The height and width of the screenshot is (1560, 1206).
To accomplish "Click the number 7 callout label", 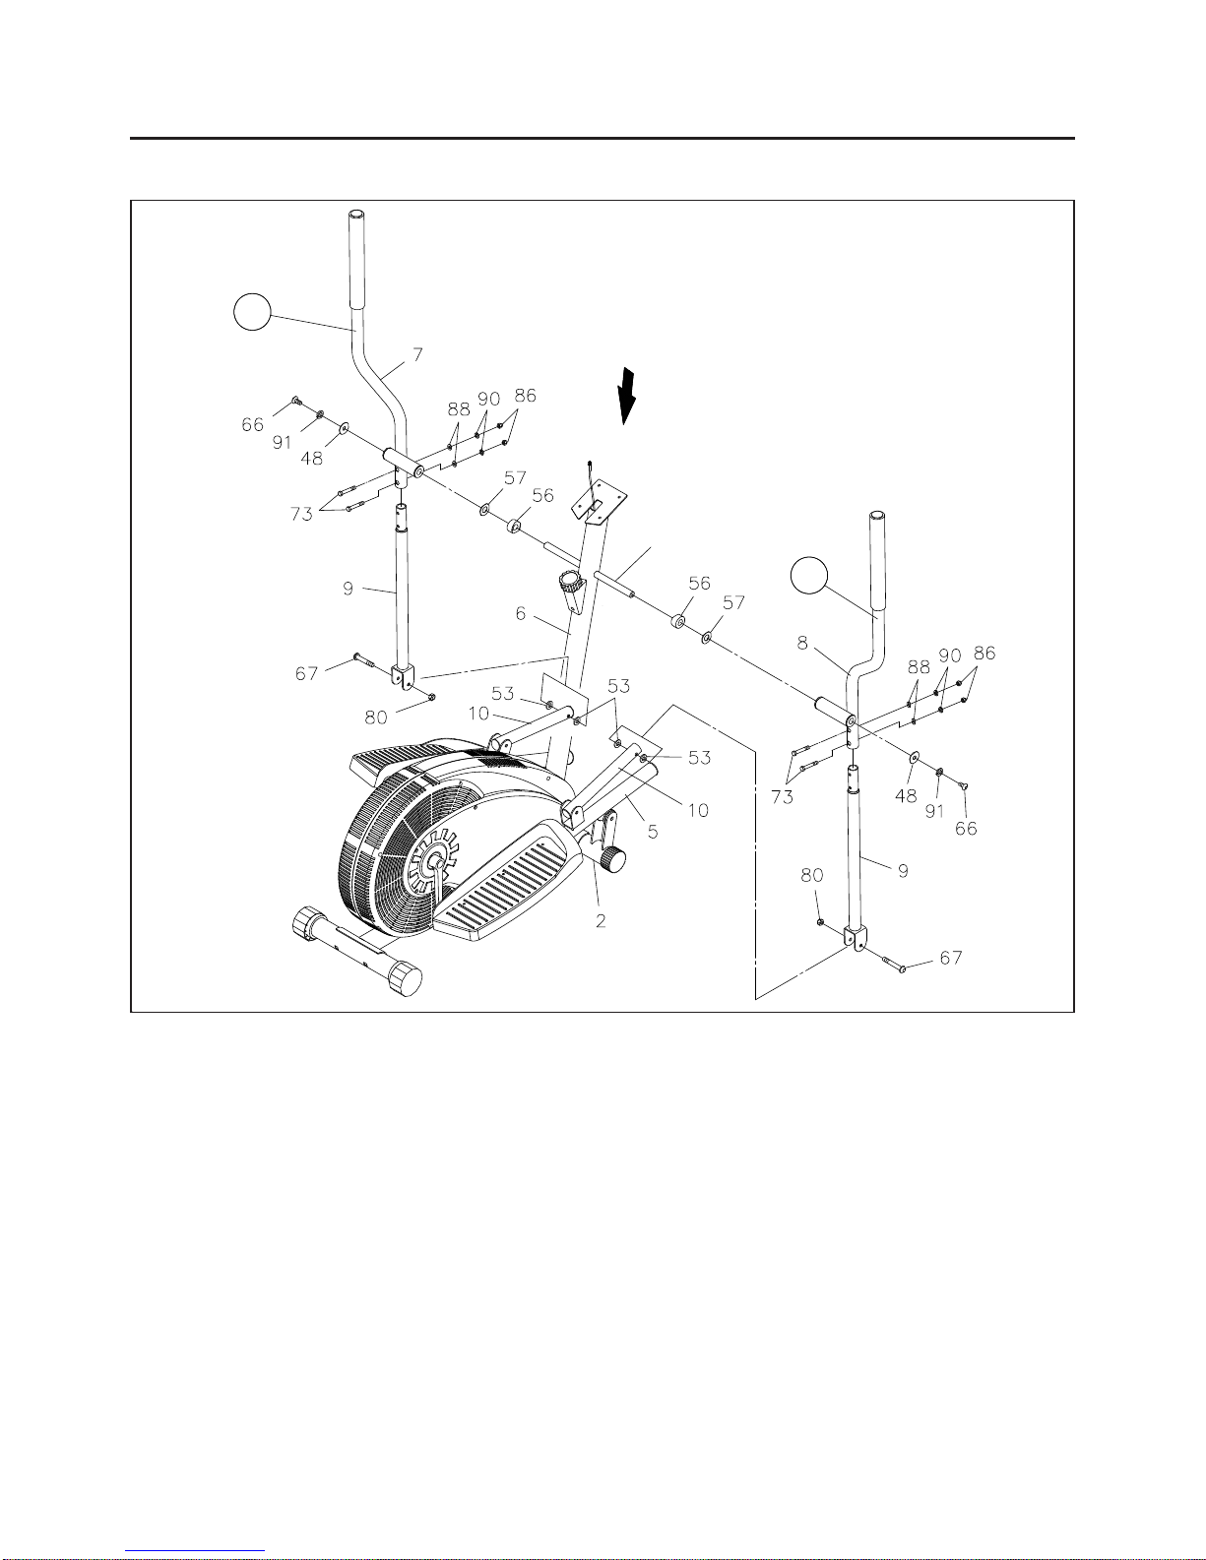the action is [418, 354].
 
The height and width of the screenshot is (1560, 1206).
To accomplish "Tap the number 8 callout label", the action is [802, 643].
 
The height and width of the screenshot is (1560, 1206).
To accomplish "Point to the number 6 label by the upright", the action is [521, 613].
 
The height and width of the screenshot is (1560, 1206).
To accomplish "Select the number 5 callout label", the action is [653, 832].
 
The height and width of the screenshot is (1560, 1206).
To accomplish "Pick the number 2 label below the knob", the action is [601, 921].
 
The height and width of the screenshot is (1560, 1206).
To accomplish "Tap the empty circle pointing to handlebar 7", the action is [252, 311].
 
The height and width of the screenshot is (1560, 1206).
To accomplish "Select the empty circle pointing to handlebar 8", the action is [810, 576].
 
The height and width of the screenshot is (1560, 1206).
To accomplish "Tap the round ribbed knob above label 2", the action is [614, 860].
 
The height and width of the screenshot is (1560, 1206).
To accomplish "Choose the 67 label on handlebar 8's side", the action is [951, 958].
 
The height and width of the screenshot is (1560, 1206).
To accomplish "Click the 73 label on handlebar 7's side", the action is [301, 514].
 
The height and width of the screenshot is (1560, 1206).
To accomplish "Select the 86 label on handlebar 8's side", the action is [984, 653].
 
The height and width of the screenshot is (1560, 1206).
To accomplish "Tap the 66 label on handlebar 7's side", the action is [253, 424].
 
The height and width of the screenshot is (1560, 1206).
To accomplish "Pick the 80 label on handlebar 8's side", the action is [812, 875].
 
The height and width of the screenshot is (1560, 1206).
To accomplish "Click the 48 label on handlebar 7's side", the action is [311, 458].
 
